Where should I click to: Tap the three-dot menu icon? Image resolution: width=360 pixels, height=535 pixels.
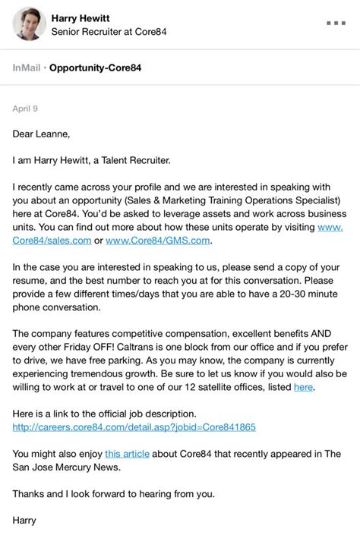(x=336, y=23)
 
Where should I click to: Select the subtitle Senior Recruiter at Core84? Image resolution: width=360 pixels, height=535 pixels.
(x=109, y=32)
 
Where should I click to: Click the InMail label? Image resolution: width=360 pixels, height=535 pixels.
(x=27, y=68)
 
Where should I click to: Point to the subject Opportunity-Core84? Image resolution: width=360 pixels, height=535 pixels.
(x=96, y=68)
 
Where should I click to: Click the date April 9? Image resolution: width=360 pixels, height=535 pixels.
(x=25, y=109)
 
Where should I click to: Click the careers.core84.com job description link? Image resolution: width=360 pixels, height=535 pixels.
(x=134, y=426)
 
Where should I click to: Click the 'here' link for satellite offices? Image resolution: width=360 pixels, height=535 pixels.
(x=303, y=387)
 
